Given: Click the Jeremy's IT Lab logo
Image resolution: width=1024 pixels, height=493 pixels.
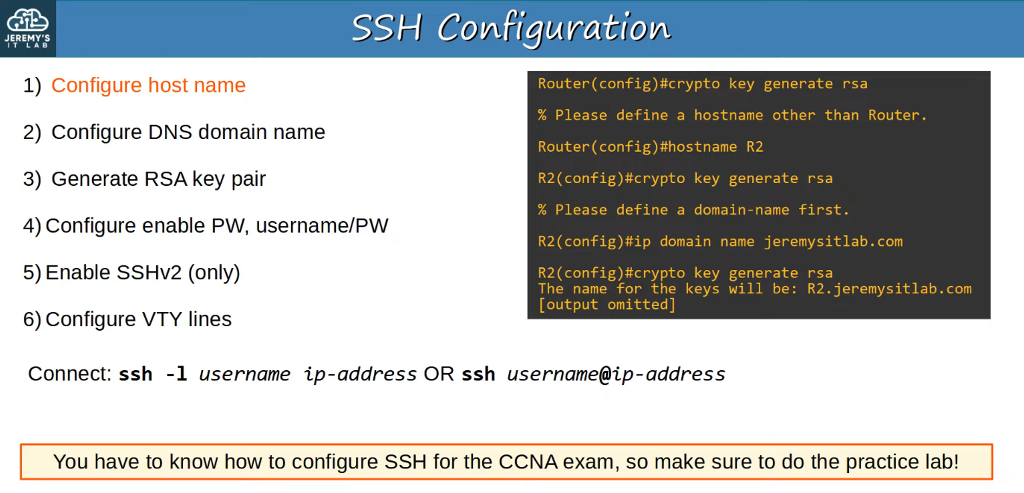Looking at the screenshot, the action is click(28, 28).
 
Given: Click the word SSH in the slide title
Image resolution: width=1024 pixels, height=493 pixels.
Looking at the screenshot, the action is click(387, 28).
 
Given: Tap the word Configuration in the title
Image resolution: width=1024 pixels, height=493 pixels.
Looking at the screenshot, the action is click(554, 29).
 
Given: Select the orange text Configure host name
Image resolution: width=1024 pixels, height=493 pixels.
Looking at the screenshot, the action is click(148, 85).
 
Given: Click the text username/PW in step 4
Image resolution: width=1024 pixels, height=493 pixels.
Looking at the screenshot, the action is click(322, 226).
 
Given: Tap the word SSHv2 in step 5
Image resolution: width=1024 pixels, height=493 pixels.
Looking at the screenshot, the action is click(149, 272).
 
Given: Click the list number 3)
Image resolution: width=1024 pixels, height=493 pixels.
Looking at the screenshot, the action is click(32, 179).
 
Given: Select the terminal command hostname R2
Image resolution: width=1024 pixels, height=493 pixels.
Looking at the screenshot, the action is click(716, 147).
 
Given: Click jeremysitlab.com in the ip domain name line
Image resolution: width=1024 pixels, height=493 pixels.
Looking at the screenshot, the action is click(834, 242).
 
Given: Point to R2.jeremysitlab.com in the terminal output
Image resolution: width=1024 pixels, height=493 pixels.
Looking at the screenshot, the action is click(889, 289).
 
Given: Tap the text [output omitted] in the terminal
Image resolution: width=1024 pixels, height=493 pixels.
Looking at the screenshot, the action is click(607, 305).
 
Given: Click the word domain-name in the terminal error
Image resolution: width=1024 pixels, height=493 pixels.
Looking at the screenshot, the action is click(741, 210).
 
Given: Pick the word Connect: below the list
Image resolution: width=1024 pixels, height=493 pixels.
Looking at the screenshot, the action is click(70, 374).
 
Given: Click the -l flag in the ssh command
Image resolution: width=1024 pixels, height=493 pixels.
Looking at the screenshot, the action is click(177, 374).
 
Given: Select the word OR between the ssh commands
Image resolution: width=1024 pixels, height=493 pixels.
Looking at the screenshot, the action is click(439, 374).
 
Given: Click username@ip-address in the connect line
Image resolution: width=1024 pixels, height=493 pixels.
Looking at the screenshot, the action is click(616, 374).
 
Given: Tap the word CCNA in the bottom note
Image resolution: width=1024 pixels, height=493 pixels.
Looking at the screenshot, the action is click(528, 462).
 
